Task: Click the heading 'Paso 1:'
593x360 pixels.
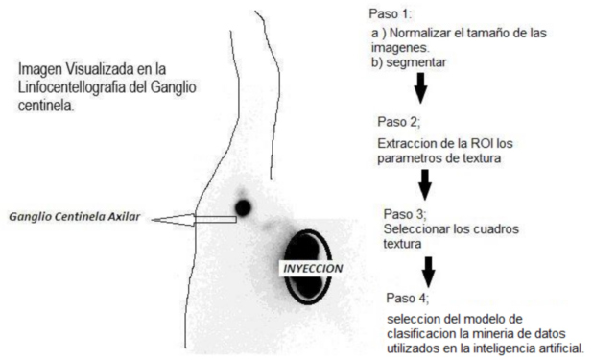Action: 388,14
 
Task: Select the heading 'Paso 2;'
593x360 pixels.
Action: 399,123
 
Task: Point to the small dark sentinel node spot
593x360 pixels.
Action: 242,206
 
